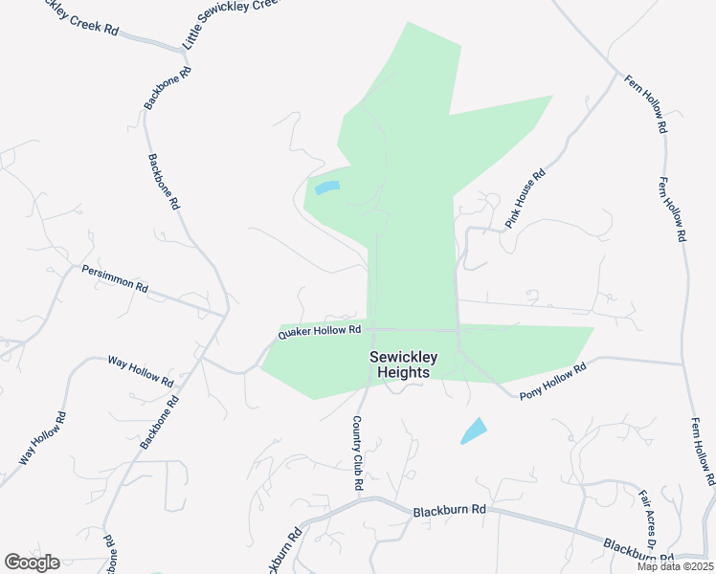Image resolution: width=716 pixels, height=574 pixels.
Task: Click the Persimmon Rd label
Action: point(115,278)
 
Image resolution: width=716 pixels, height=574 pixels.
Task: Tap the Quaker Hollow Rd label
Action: point(319,331)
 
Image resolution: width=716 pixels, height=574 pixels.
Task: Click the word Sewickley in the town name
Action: point(403,358)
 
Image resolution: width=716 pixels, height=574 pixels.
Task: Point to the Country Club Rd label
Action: point(358,453)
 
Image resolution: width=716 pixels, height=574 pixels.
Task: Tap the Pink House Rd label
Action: point(526,200)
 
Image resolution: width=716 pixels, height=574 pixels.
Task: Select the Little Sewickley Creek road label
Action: point(231,24)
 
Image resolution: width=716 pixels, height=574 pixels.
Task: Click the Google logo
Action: point(32,563)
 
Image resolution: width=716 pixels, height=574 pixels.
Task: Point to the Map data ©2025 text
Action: point(675,566)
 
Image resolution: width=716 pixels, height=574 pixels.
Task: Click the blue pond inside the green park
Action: point(326,188)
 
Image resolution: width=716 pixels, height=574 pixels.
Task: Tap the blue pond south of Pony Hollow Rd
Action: point(473,430)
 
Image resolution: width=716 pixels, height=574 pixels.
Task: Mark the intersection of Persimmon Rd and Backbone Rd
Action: point(227,312)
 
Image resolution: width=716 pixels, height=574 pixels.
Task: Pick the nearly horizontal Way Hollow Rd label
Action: point(141,371)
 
